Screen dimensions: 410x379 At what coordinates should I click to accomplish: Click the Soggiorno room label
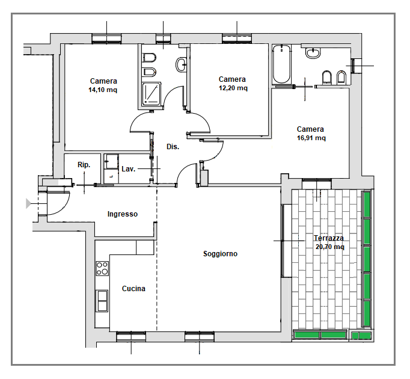point(220,254)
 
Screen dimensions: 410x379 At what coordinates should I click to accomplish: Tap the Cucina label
point(133,288)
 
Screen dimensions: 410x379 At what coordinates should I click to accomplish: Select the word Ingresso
point(123,214)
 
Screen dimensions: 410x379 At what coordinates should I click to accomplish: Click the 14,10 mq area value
point(103,90)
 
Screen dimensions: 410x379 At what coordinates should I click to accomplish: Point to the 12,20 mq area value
point(233,88)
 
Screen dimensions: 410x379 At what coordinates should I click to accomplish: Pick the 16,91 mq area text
point(311,138)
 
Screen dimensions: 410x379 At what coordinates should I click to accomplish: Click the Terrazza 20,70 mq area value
point(329,247)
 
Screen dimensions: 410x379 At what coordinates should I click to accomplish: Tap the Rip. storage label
point(84,165)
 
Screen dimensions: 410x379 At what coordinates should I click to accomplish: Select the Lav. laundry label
point(129,169)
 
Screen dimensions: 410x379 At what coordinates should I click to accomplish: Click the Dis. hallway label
point(173,147)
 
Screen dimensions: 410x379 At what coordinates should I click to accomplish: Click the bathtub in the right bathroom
point(281,64)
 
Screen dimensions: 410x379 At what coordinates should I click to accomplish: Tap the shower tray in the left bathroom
point(151,94)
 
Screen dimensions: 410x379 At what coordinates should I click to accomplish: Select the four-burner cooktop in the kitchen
point(102,268)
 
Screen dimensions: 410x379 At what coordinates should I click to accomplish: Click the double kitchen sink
point(102,301)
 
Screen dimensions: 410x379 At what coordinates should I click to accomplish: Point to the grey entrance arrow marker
point(28,203)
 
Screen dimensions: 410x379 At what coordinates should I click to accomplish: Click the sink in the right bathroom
point(313,52)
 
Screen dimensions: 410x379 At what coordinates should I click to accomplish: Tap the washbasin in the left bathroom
point(181,64)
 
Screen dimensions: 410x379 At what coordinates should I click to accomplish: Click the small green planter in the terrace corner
point(361,335)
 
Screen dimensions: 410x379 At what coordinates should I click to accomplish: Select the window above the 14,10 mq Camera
point(106,39)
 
